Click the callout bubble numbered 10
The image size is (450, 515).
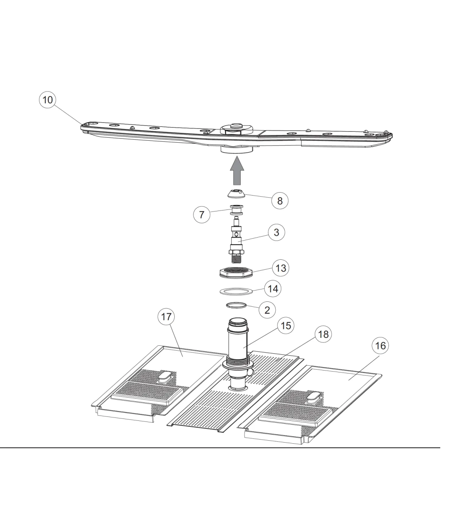[x=48, y=100]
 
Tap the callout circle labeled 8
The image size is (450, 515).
[x=280, y=200]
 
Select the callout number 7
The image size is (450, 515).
[x=202, y=214]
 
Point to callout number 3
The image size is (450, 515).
[x=276, y=232]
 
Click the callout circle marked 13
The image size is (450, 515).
[x=281, y=268]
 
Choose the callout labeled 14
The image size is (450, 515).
[x=273, y=288]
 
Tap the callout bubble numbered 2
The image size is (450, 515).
[x=267, y=310]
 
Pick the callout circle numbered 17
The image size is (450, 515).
[x=166, y=317]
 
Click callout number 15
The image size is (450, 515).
[x=286, y=325]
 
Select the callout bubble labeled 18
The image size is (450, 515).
[x=323, y=334]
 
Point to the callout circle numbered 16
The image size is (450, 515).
[x=380, y=346]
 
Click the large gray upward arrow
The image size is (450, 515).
[x=237, y=171]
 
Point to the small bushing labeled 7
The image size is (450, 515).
[x=236, y=210]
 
